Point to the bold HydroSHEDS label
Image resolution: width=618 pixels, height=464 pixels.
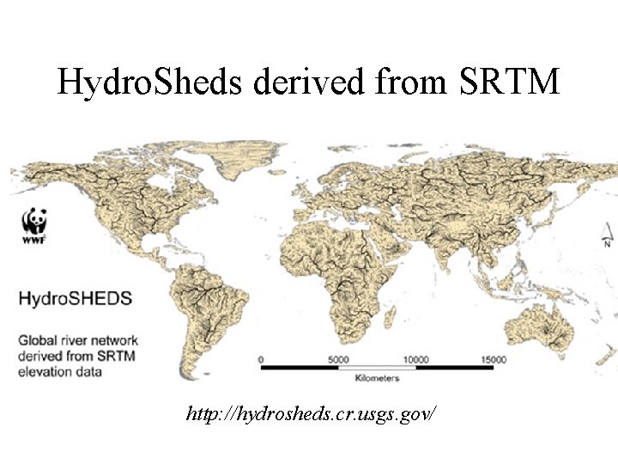[76, 299]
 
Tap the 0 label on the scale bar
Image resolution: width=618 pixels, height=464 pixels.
[260, 359]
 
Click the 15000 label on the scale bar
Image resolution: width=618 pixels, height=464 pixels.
[493, 359]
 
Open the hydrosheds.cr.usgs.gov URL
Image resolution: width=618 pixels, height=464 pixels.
[311, 413]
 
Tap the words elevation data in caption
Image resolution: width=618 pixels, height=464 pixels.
[60, 371]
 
